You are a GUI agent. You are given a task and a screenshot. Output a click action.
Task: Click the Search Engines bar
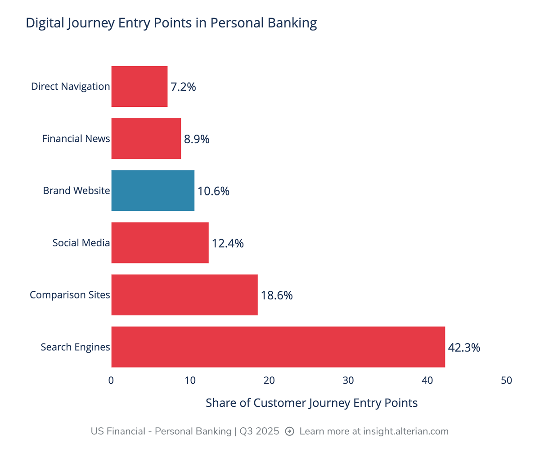[278, 347]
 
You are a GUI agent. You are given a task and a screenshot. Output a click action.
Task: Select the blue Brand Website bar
[153, 190]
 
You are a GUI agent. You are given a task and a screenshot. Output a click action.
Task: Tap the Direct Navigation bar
[139, 86]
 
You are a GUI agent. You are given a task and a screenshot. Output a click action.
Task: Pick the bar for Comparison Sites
[184, 294]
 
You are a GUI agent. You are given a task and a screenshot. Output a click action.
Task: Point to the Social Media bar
[160, 243]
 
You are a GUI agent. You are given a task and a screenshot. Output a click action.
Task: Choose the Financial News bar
[146, 139]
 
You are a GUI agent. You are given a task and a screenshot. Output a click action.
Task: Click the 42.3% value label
[464, 348]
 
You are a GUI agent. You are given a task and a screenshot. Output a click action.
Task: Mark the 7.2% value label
[183, 87]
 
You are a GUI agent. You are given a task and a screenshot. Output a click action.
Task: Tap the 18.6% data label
[277, 295]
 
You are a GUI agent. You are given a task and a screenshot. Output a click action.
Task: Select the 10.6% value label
[213, 191]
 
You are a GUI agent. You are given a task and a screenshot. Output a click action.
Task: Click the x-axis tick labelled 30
[348, 381]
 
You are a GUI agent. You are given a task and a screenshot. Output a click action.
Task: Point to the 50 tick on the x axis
[506, 381]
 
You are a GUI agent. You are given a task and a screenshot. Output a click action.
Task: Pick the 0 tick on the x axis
[111, 381]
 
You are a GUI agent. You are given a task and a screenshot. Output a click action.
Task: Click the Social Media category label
[81, 243]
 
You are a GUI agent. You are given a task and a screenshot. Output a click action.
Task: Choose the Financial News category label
[76, 139]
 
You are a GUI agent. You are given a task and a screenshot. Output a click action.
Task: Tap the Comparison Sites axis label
[70, 295]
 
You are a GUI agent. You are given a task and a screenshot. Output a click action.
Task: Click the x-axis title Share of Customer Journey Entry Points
[311, 403]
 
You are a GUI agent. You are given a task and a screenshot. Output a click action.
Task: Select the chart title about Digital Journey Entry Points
[171, 23]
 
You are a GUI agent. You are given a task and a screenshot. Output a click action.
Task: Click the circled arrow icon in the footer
[290, 431]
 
